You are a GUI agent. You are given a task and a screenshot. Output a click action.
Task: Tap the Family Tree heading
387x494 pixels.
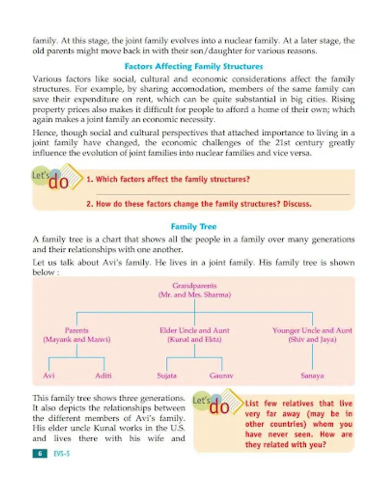(194, 226)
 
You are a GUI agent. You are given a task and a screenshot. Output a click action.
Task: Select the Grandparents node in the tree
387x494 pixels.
(194, 286)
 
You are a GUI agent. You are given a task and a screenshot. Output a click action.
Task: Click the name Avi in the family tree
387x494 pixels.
(49, 377)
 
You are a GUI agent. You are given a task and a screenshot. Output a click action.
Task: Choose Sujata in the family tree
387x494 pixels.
(166, 377)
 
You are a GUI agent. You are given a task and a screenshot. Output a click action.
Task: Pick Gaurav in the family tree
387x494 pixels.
(222, 377)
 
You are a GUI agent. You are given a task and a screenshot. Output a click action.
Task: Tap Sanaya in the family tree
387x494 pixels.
(312, 377)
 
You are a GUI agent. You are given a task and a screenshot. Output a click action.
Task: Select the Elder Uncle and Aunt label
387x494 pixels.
(194, 331)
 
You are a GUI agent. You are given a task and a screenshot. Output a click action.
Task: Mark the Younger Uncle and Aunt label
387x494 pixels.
(312, 331)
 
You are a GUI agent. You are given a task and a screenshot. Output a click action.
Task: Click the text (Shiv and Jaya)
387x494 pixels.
(312, 340)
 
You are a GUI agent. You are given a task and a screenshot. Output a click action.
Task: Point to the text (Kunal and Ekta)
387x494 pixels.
(194, 340)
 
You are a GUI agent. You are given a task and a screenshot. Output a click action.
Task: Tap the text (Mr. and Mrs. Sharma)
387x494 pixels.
(194, 295)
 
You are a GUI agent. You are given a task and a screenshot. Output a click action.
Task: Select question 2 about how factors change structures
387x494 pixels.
(199, 204)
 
